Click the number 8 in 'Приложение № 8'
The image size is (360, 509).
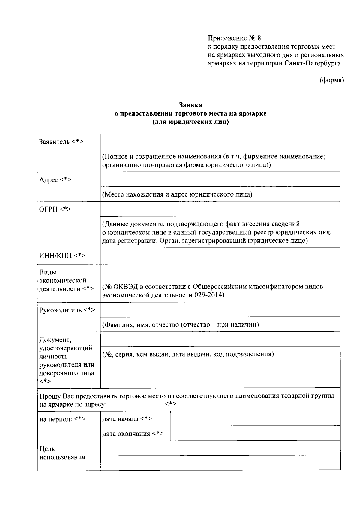tap(259, 38)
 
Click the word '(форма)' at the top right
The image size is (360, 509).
tap(332, 80)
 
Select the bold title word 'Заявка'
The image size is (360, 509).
tap(190, 105)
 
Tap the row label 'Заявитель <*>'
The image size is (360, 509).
tap(61, 142)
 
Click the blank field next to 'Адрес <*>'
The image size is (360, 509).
tap(220, 179)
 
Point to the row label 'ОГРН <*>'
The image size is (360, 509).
tap(55, 209)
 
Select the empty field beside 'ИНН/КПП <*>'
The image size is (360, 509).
tap(220, 256)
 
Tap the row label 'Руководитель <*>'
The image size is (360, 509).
tap(67, 310)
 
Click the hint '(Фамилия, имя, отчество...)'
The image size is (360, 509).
tap(181, 324)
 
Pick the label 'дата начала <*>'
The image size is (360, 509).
tap(127, 419)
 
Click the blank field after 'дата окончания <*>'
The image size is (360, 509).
tap(255, 433)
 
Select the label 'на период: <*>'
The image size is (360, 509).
tap(63, 419)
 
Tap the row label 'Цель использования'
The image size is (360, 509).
tap(62, 453)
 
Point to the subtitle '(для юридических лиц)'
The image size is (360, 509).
tap(190, 122)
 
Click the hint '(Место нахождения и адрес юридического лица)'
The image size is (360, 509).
tap(177, 194)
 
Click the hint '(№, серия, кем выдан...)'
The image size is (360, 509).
tap(188, 354)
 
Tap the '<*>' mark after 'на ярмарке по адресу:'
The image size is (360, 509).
tap(171, 404)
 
